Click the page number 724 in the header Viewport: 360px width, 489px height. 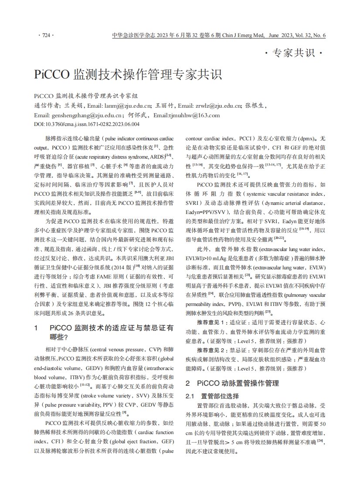[x=45, y=36]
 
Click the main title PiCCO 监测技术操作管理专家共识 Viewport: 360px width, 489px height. [x=128, y=74]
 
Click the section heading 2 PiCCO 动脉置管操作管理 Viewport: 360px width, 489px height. [x=232, y=383]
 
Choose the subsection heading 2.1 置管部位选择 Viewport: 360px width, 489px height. [x=212, y=396]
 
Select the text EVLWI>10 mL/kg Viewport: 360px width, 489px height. [x=205, y=258]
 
